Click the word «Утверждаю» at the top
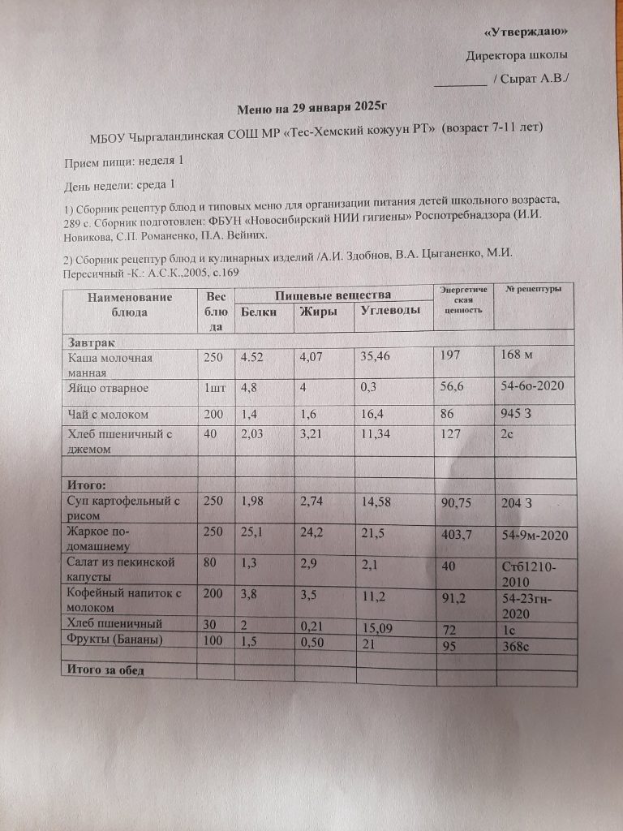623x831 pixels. click(x=525, y=32)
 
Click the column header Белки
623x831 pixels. click(x=259, y=312)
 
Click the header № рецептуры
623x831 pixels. click(x=533, y=291)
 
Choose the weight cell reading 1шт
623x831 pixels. click(x=213, y=389)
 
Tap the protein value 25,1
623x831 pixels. click(x=253, y=535)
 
